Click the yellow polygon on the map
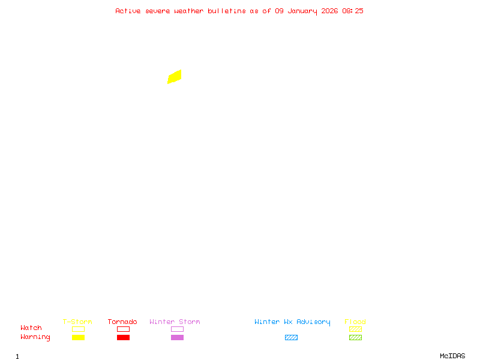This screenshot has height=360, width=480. pos(175,77)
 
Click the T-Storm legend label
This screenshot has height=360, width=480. pos(77,322)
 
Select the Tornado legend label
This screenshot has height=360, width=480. pos(122,322)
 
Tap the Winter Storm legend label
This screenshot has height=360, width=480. pos(175,322)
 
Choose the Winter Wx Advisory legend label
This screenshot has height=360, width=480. pos(292,322)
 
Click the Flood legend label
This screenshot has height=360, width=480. pos(355,322)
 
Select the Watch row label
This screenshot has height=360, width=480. pos(31,328)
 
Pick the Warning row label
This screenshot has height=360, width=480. pos(35,337)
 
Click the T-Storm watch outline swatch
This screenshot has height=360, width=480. pos(78,329)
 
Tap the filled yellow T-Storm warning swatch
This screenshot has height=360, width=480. pos(78,337)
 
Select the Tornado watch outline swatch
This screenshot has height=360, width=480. pos(123,329)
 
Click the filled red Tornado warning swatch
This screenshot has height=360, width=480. pos(123,337)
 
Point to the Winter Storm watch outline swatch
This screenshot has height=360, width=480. pos(177,329)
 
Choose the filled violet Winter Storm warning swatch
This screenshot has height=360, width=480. pos(177,337)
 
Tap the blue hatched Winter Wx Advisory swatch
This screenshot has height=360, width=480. pos(291,337)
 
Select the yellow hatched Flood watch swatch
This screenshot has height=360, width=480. pos(355,329)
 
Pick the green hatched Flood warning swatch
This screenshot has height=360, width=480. pos(355,337)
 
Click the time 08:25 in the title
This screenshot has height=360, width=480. pos(353,11)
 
